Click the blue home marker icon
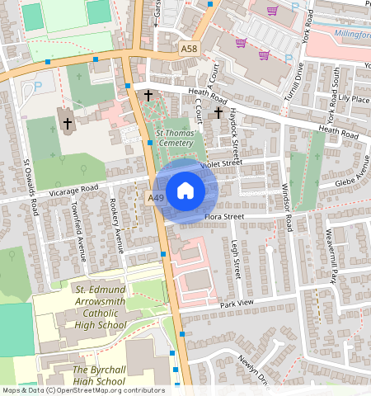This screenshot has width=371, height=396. (x=185, y=191)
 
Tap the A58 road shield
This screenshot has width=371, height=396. (x=189, y=51)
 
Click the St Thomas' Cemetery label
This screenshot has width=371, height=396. (x=175, y=138)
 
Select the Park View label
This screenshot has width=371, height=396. (x=237, y=304)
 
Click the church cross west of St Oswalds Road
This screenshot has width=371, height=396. (x=67, y=125)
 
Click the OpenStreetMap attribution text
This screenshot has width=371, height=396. (x=82, y=390)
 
